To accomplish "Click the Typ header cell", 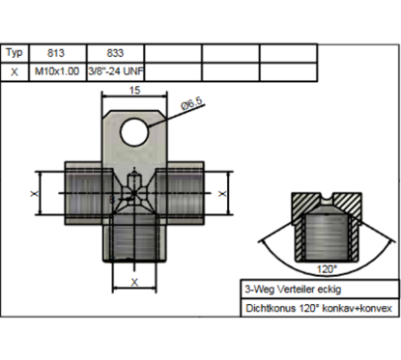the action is [14, 53].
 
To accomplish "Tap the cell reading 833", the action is [115, 53].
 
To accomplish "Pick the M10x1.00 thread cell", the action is [58, 71].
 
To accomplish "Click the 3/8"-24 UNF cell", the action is [115, 71].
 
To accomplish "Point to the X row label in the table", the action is [14, 71].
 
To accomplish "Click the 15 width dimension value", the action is [134, 90].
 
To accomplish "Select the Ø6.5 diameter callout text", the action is [192, 103].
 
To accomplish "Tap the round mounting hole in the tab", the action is [134, 132].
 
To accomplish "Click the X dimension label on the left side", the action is [35, 193].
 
